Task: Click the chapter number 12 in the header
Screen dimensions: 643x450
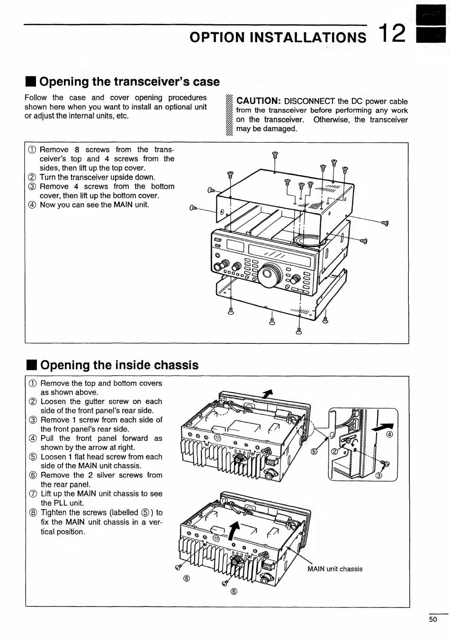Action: pos(393,34)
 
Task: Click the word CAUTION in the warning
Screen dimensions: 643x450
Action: pos(259,101)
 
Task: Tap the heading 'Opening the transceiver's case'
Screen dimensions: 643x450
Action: pos(129,82)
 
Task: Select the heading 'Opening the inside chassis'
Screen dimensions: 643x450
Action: pos(119,365)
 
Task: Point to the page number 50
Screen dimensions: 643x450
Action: pos(432,619)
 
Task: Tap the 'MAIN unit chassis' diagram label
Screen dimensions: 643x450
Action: pos(334,569)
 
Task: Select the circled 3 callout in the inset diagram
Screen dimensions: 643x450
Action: pos(378,476)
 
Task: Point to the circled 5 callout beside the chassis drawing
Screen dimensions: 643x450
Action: pos(314,451)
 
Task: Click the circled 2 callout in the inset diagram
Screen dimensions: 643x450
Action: pos(334,451)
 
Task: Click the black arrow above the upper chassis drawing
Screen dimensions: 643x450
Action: pos(269,393)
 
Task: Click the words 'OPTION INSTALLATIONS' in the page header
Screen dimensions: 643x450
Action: pos(278,37)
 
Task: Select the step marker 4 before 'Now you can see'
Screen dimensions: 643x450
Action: pos(32,205)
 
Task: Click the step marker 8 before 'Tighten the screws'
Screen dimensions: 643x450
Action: pos(33,513)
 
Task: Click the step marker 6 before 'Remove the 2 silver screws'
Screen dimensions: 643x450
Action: pos(33,476)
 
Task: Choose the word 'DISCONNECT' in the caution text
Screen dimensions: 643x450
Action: pos(309,101)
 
